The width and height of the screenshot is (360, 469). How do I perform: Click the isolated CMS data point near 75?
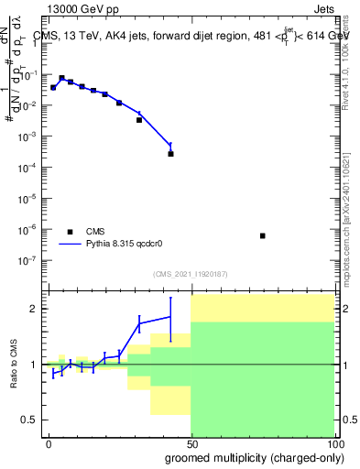(263, 235)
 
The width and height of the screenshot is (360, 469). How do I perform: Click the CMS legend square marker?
(70, 232)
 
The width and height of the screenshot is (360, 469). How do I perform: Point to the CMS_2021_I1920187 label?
(191, 272)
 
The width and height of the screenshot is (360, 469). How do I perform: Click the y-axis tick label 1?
(37, 45)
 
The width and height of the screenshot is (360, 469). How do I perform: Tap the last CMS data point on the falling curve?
(170, 153)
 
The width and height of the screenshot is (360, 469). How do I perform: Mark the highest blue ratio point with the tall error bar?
(170, 316)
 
